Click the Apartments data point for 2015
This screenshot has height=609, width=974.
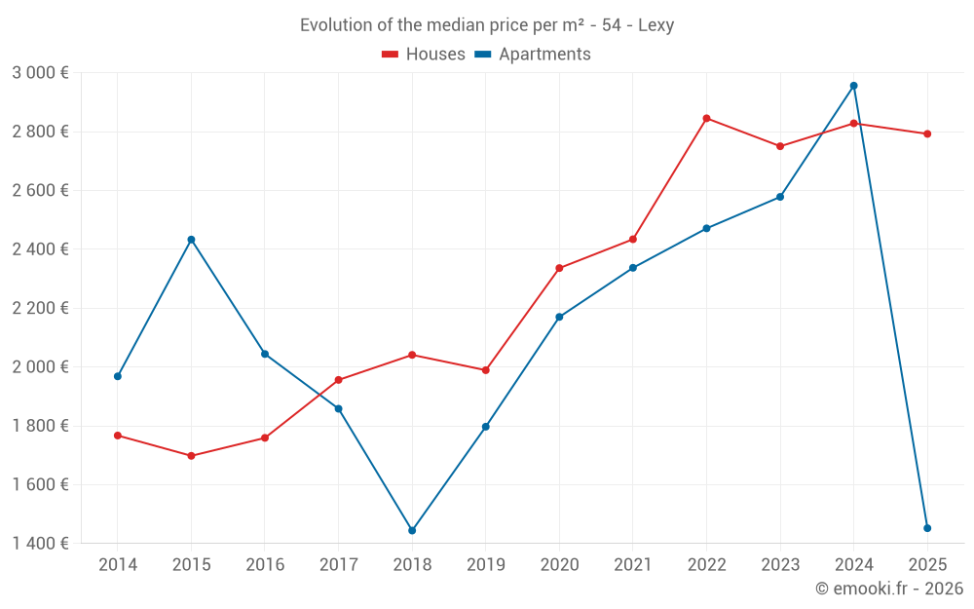(x=191, y=240)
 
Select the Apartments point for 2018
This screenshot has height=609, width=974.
(x=412, y=531)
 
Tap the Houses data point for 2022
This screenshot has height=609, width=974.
(x=706, y=119)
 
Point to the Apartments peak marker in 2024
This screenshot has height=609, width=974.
(x=854, y=86)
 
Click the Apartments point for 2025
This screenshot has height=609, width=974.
(x=927, y=528)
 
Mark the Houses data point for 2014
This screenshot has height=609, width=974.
(x=118, y=436)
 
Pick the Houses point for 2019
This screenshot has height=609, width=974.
(x=486, y=370)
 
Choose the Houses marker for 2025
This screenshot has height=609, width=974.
(x=927, y=134)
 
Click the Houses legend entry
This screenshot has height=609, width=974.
(x=424, y=55)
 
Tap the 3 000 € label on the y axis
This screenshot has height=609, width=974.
(x=40, y=73)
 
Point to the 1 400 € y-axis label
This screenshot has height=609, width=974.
(x=40, y=544)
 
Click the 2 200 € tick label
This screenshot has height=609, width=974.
(x=40, y=309)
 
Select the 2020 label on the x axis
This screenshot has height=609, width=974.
(x=559, y=565)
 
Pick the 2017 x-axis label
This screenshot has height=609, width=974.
(x=338, y=565)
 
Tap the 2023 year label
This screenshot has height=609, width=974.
(x=780, y=565)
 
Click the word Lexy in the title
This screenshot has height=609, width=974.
(x=656, y=25)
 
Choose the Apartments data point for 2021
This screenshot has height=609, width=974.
(x=633, y=268)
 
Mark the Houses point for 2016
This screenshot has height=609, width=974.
(x=265, y=438)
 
